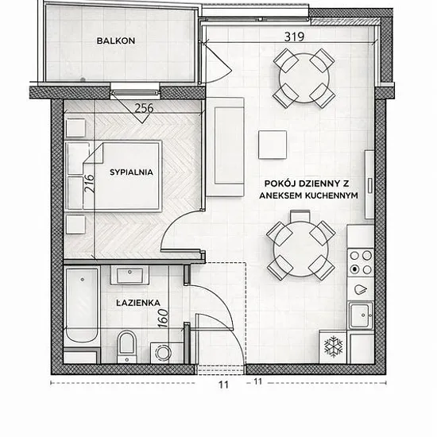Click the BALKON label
point(116,41)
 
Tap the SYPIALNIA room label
point(131,172)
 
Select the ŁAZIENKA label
point(138,303)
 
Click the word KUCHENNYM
point(331,195)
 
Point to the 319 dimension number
point(294,37)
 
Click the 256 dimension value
point(144,108)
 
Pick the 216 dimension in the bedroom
point(90,183)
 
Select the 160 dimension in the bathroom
point(164,318)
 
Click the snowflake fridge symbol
point(333,347)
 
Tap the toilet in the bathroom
point(127,346)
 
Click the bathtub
point(82,305)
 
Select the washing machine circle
point(163,352)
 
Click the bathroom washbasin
point(130,275)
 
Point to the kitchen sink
point(361,315)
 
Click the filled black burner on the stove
point(354,269)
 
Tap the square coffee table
point(273,145)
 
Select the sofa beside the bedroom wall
point(225,147)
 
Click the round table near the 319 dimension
point(304,78)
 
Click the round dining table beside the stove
point(300,249)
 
